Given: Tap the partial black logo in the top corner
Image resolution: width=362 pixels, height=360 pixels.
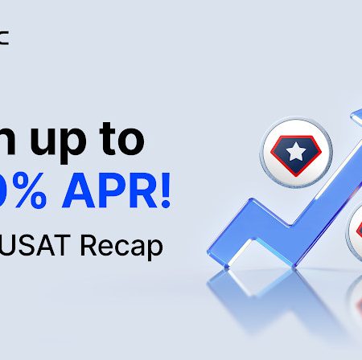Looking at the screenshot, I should tap(4, 37).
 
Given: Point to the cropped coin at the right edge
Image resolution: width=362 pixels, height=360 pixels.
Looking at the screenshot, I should tap(355, 229).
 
